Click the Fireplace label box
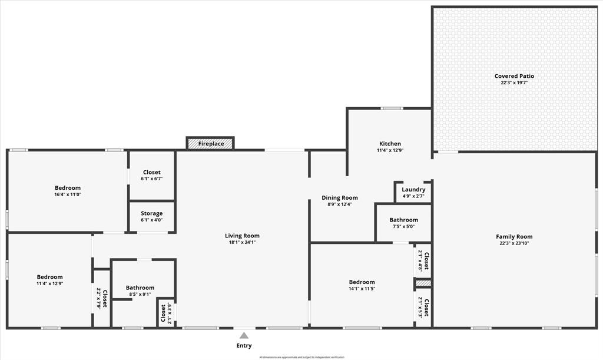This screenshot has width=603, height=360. tap(210, 143)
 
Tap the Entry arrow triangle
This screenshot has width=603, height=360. tap(244, 336)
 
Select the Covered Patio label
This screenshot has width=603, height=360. tap(514, 76)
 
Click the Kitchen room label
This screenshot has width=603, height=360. tap(390, 144)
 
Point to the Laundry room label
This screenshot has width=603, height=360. tap(413, 190)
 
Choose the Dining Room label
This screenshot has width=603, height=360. tap(339, 198)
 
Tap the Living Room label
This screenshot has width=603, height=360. tap(242, 236)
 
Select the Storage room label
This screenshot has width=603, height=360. tap(151, 213)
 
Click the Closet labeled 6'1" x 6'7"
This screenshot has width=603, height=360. tap(151, 173)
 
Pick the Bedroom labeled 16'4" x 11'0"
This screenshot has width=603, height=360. tap(68, 188)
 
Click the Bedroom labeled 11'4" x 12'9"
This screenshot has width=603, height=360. tap(49, 277)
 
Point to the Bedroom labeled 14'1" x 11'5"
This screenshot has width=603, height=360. tap(361, 282)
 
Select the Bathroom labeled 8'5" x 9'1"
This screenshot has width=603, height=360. tap(140, 288)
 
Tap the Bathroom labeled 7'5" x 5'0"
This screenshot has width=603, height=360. tap(403, 220)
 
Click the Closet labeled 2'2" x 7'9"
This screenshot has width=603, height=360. tap(102, 298)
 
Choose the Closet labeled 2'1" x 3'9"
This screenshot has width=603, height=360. tap(166, 313)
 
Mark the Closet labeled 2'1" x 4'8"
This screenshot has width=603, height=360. tap(423, 260)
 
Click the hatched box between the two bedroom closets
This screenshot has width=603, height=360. tap(423, 283)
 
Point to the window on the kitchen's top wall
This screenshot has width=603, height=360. tap(391, 108)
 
